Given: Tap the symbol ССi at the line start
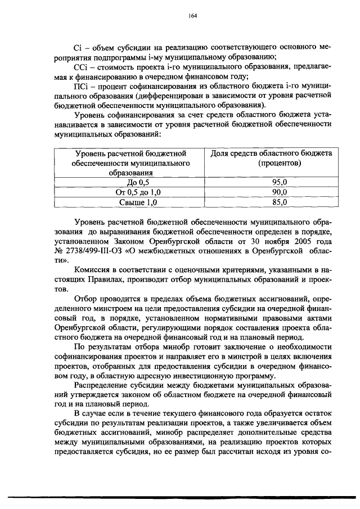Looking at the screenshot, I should [x=82, y=67].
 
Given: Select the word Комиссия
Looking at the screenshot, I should [x=93, y=271].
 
